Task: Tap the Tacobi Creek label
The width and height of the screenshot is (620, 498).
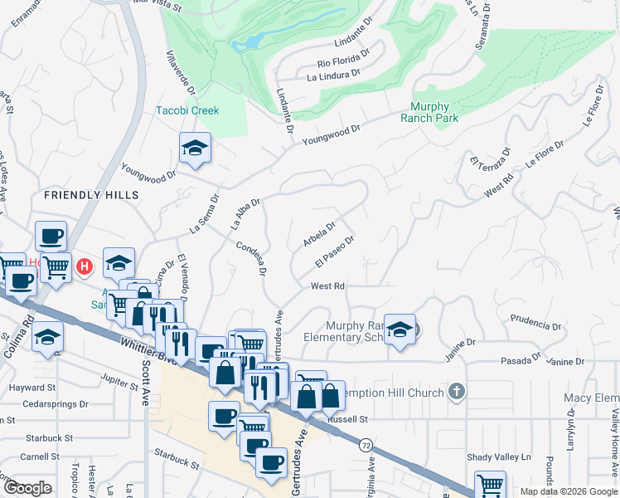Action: (x=187, y=110)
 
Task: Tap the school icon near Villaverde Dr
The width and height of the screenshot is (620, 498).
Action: (x=196, y=149)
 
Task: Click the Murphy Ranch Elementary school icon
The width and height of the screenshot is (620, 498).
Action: (x=400, y=331)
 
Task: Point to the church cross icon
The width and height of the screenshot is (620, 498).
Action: (x=455, y=390)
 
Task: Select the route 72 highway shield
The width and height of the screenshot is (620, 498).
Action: (x=366, y=446)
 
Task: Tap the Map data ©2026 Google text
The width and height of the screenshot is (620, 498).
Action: (x=568, y=491)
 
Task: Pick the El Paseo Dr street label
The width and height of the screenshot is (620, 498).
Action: (x=335, y=251)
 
